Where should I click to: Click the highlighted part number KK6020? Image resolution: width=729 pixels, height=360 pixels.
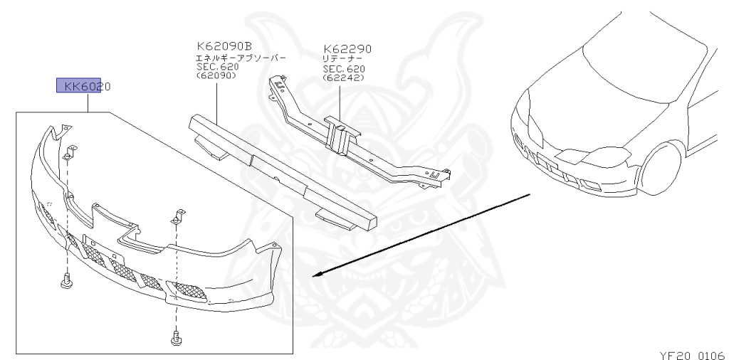click(86, 87)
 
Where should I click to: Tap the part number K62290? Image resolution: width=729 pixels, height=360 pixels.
click(347, 49)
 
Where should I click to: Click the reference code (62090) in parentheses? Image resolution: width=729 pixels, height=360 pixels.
click(216, 75)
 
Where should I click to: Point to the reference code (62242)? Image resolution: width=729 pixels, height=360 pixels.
click(344, 78)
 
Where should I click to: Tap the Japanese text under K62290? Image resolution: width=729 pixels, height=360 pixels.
click(343, 59)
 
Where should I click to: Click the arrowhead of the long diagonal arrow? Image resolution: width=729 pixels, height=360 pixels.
click(320, 275)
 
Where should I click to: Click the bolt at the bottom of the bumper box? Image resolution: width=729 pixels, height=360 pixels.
click(175, 339)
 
